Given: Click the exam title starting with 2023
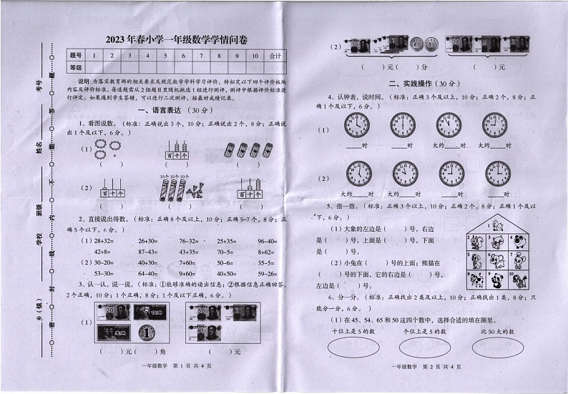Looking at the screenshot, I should [175, 41].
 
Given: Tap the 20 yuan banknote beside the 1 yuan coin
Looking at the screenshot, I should [112, 313].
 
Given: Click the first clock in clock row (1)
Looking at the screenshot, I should [356, 125].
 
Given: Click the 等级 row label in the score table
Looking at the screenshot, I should [76, 67].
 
